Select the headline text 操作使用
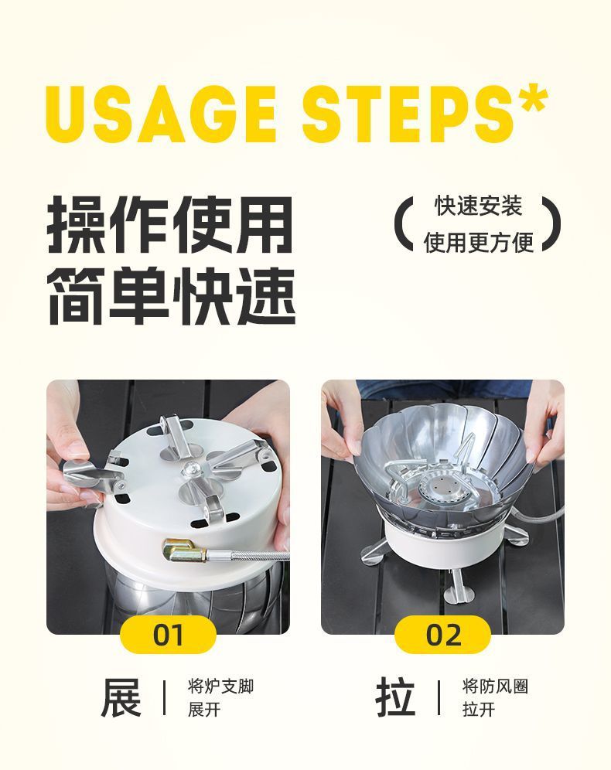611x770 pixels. tap(171, 226)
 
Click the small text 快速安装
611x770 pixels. tap(478, 206)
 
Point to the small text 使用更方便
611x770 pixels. tap(478, 242)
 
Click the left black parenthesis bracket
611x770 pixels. tap(402, 224)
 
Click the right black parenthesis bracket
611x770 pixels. tap(550, 224)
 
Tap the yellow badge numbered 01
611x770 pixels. tap(168, 635)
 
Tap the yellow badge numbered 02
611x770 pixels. tap(442, 635)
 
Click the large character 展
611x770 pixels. tap(121, 697)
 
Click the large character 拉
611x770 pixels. tap(395, 697)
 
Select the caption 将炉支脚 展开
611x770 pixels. tap(220, 697)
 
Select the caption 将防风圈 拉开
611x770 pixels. tap(495, 697)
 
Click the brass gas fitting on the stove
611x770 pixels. tap(182, 551)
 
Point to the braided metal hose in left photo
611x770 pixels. tap(247, 554)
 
